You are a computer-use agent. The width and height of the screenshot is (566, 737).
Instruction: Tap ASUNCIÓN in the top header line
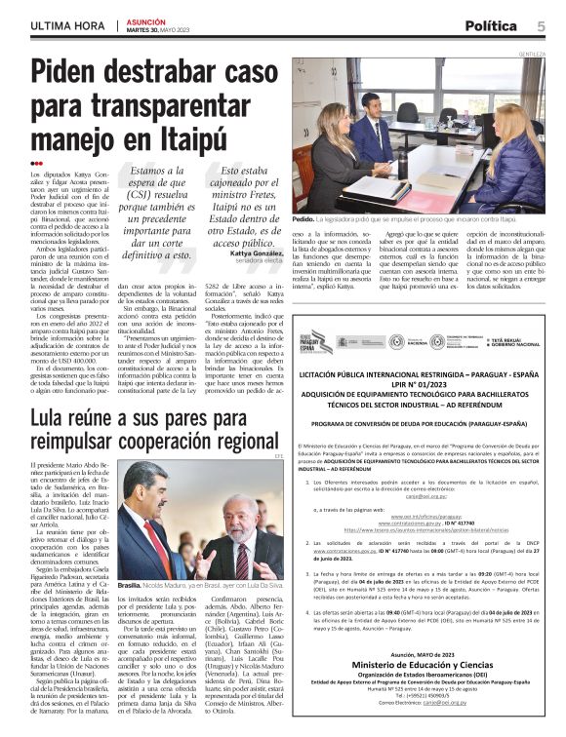[x=146, y=20]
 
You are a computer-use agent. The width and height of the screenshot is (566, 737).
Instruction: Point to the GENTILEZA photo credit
[x=532, y=54]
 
